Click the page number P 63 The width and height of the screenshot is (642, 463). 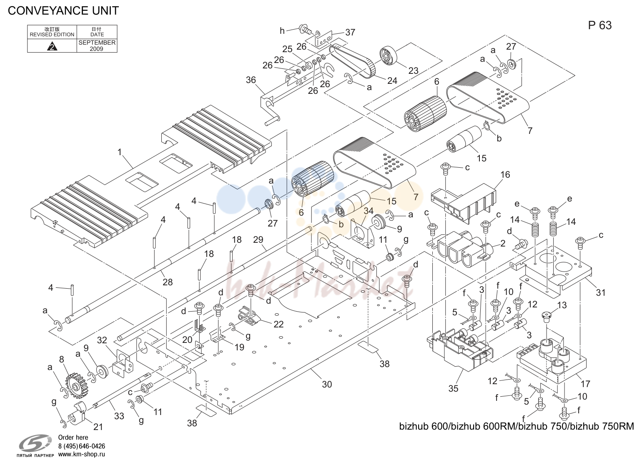point(600,25)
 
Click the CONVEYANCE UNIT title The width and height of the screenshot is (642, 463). point(63,11)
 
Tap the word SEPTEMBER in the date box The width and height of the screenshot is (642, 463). point(97,43)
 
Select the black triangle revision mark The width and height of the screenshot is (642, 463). point(52,46)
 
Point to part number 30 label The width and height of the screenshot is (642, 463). point(327,384)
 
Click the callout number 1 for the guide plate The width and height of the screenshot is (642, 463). point(120,152)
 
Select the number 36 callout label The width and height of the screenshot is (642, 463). point(251,80)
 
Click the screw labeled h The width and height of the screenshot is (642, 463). point(304,29)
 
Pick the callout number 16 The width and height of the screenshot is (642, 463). point(505,174)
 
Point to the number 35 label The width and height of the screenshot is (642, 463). point(454,388)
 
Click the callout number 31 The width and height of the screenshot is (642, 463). point(600,292)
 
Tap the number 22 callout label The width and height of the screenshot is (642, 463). point(278,324)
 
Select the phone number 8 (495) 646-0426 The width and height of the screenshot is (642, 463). point(82,446)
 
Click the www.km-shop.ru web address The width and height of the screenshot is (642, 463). point(82,454)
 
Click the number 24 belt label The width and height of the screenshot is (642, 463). point(392,81)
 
